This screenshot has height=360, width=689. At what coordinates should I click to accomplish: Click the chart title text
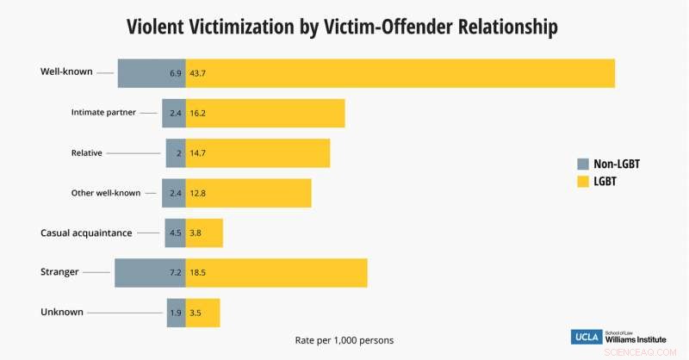[342, 27]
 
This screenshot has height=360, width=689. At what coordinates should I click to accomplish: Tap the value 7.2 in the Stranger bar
[175, 272]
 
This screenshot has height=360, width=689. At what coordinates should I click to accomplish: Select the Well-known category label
[66, 71]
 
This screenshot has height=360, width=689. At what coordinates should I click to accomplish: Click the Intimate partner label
[103, 112]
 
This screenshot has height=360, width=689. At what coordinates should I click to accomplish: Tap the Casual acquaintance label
[86, 233]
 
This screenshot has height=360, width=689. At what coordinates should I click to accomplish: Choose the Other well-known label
[106, 193]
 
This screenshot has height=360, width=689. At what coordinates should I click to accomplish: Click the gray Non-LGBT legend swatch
[583, 164]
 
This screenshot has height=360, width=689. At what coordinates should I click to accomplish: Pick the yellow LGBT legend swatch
[583, 182]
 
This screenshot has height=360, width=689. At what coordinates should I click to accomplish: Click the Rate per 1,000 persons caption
[344, 340]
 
